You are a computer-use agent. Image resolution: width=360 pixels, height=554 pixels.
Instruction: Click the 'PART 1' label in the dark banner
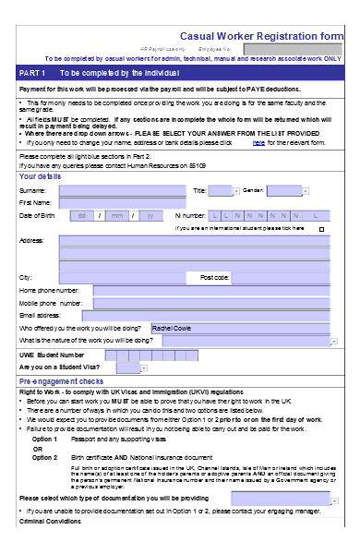click(32, 72)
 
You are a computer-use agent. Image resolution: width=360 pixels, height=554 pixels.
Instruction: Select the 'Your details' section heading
click(41, 175)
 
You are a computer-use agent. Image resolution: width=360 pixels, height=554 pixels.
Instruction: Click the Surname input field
click(121, 190)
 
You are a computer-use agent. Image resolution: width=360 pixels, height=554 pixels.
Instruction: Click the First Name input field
click(121, 203)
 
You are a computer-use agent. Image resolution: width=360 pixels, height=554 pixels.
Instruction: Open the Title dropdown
click(222, 190)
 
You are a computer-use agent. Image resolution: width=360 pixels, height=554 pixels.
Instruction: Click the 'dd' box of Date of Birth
click(83, 215)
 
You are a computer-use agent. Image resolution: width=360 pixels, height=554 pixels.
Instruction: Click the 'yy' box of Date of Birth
click(150, 215)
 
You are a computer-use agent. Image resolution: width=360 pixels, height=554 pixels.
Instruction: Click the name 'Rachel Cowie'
click(172, 327)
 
